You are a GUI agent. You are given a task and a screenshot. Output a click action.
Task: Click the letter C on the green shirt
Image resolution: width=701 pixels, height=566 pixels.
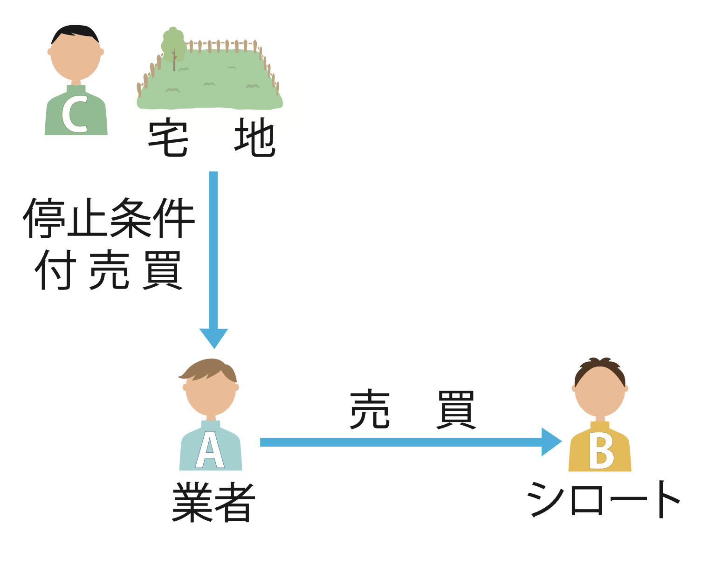75,115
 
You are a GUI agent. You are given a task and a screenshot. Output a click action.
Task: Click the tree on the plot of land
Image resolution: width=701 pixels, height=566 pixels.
173,47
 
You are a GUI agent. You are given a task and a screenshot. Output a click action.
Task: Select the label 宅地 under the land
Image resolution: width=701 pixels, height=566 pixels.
212,138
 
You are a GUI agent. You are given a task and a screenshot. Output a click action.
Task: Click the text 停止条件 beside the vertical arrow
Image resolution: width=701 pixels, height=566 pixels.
109,218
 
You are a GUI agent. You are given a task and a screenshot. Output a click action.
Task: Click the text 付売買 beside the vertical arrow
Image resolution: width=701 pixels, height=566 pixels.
109,270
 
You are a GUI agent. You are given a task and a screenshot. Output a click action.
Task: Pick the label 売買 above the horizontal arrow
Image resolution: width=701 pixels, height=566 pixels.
412,410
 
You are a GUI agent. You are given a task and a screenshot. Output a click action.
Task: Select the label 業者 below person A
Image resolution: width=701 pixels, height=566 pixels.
213,502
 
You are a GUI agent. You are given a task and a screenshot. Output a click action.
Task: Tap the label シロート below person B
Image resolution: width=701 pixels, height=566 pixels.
603,499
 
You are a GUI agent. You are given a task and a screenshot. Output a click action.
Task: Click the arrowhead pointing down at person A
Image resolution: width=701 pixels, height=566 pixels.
213,337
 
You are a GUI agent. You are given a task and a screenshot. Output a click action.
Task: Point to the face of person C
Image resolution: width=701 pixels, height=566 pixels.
76,58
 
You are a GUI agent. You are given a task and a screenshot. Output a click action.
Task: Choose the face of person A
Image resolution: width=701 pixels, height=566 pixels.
211,394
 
